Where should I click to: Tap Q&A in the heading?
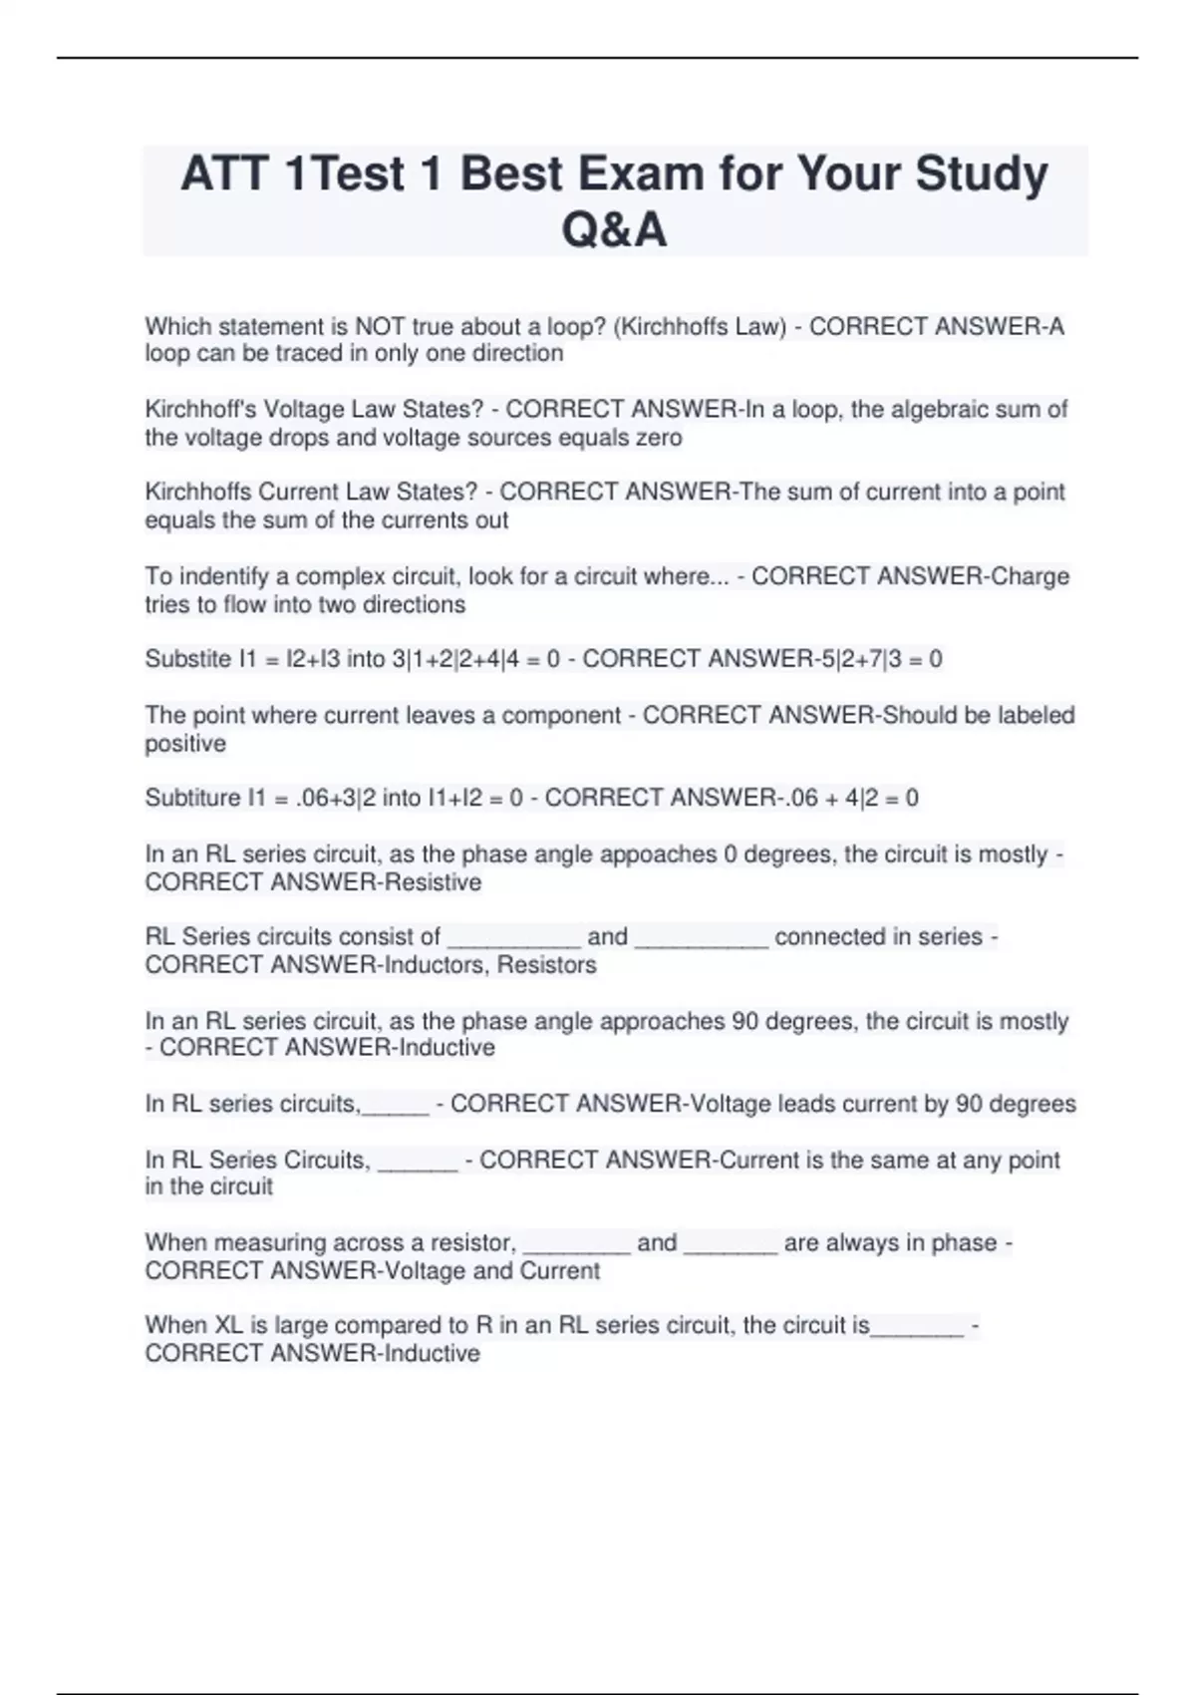pos(614,230)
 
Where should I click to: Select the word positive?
pos(185,743)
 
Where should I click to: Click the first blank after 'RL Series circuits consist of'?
pos(513,938)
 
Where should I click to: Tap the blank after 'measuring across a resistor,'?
pos(576,1244)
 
